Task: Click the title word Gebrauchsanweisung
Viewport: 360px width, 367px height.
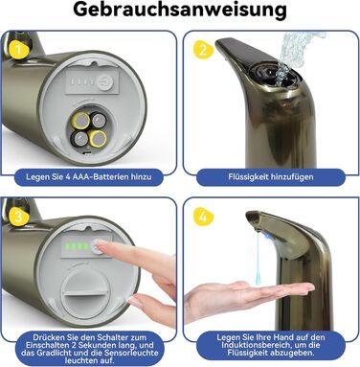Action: (180, 11)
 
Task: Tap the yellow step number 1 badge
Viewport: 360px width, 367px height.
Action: (18, 50)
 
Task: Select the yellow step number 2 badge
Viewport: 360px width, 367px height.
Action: (203, 50)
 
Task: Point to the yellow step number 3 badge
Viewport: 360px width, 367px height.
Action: (18, 217)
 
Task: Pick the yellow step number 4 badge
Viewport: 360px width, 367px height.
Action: (203, 218)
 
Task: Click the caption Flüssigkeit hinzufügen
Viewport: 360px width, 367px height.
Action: (271, 176)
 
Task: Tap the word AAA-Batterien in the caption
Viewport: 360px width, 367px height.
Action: (101, 176)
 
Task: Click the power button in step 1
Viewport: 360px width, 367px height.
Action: (104, 80)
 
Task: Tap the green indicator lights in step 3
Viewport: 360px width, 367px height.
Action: (77, 247)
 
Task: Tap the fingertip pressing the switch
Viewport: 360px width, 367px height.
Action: (100, 245)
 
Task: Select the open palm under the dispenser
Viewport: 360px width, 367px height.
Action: (246, 295)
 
